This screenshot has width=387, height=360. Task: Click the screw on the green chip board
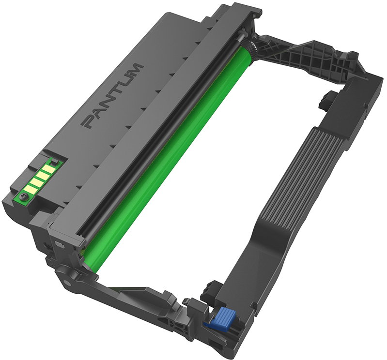pyautogui.click(x=24, y=196)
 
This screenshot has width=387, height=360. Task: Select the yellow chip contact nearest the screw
pyautogui.click(x=30, y=189)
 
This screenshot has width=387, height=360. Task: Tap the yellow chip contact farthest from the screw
pyautogui.click(x=47, y=169)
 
